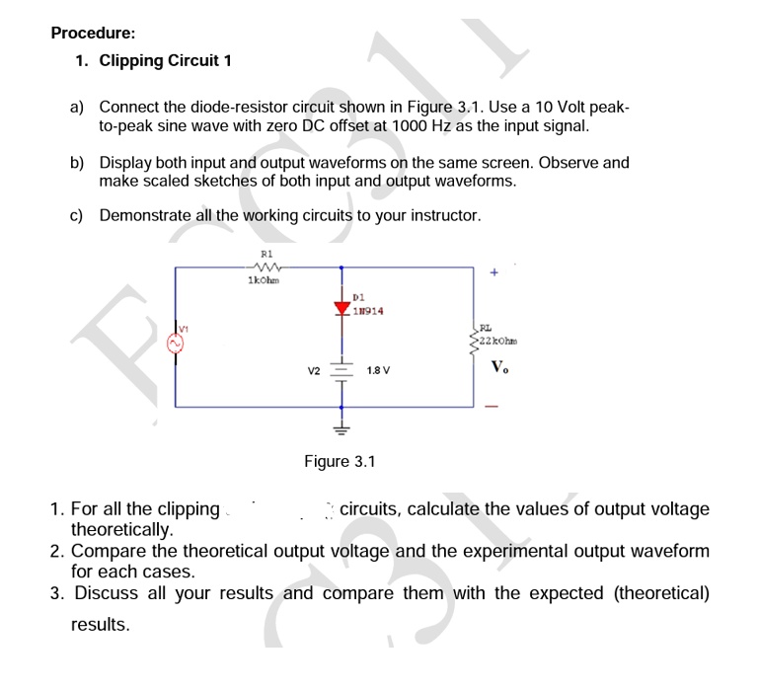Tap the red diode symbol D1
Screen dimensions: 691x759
[x=342, y=308]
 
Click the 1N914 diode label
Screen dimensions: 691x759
[x=367, y=311]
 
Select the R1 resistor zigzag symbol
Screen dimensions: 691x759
[x=264, y=267]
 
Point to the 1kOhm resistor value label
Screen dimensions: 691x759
[x=264, y=280]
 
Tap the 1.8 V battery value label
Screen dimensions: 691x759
[x=378, y=371]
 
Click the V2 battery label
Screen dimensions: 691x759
[x=314, y=371]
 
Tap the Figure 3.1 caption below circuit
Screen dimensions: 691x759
[x=341, y=461]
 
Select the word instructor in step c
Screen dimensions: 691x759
[x=439, y=215]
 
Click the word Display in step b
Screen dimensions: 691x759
[x=126, y=163]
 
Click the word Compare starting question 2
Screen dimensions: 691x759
[x=111, y=551]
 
